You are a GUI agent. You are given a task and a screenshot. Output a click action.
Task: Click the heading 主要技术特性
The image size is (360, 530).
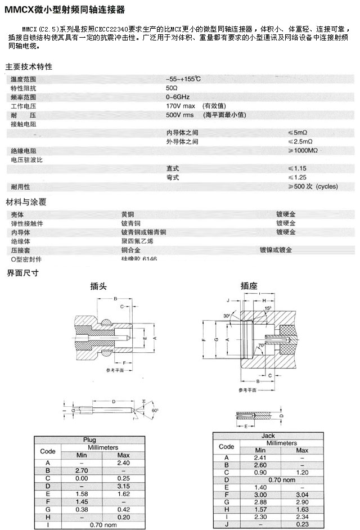(x=29, y=66)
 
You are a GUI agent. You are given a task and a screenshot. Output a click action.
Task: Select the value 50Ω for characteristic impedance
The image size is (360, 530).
(x=172, y=88)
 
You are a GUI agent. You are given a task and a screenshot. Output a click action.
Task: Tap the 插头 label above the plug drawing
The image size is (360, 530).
(x=98, y=286)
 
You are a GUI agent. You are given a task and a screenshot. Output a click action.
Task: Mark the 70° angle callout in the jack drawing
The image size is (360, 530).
(x=260, y=345)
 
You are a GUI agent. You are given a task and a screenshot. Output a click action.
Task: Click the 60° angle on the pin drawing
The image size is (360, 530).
(x=154, y=411)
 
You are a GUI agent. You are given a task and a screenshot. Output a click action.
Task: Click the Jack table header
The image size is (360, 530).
(x=268, y=435)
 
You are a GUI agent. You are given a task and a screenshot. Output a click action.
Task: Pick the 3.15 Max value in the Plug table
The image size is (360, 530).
(x=123, y=486)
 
